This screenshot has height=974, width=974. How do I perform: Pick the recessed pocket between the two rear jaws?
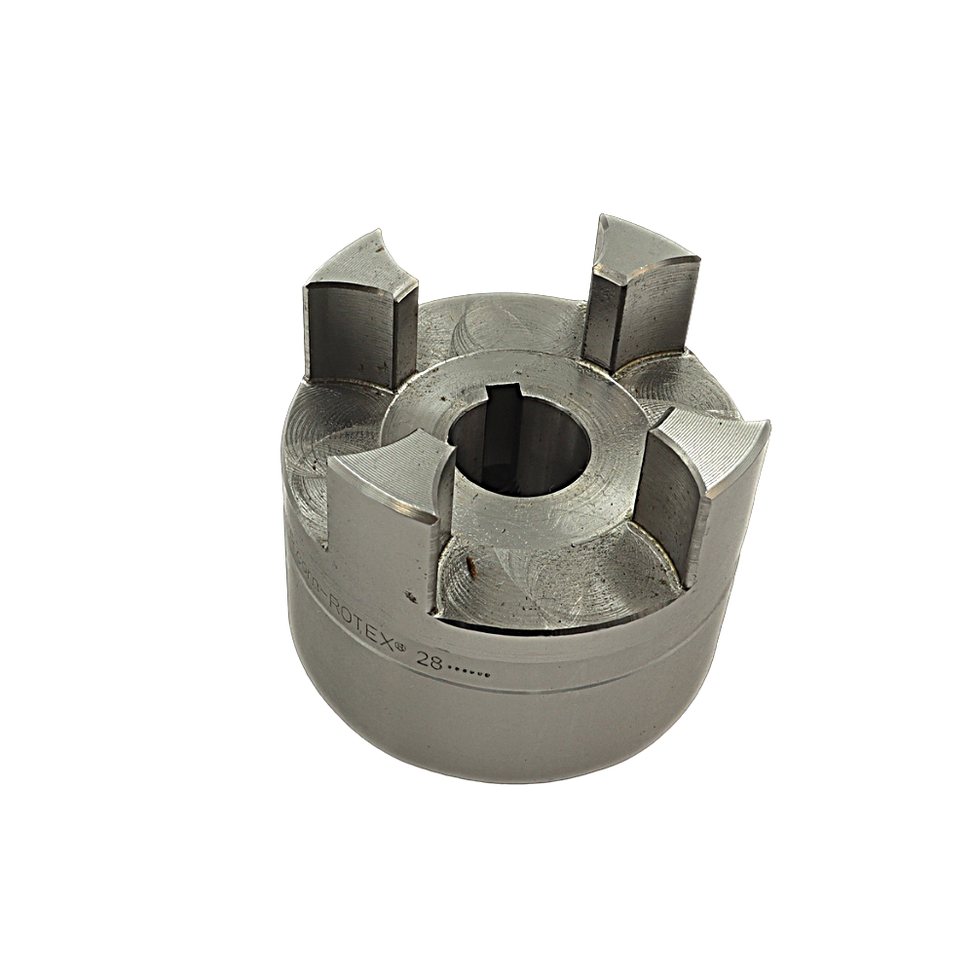click(506, 321)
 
